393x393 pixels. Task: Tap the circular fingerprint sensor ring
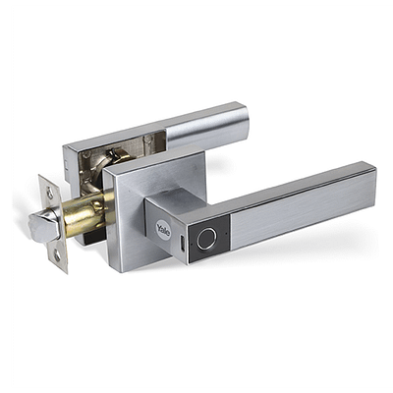(207, 239)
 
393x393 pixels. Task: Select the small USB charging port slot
(182, 243)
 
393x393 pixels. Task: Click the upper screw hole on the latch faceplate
(50, 193)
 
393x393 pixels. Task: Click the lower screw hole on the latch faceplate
(57, 255)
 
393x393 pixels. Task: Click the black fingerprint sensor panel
(208, 239)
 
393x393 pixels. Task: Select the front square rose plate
(154, 209)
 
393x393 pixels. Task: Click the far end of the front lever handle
(375, 187)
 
